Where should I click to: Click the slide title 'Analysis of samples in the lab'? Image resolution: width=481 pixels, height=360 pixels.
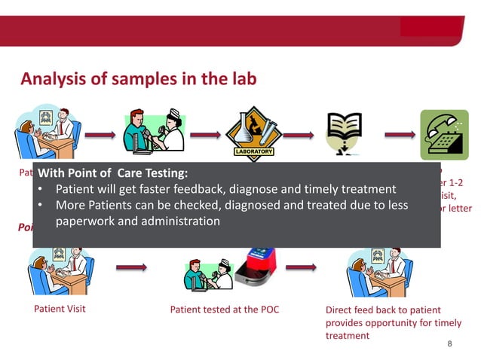138,78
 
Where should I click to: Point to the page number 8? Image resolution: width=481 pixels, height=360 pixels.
450,344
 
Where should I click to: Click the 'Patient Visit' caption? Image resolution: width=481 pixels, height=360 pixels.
60,309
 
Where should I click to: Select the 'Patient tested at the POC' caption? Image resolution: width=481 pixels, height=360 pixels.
224,310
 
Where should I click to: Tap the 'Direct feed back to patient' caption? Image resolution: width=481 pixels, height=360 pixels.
383,310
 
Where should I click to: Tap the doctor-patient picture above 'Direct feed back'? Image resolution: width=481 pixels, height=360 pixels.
376,271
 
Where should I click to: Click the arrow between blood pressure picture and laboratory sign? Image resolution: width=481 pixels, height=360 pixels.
204,136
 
